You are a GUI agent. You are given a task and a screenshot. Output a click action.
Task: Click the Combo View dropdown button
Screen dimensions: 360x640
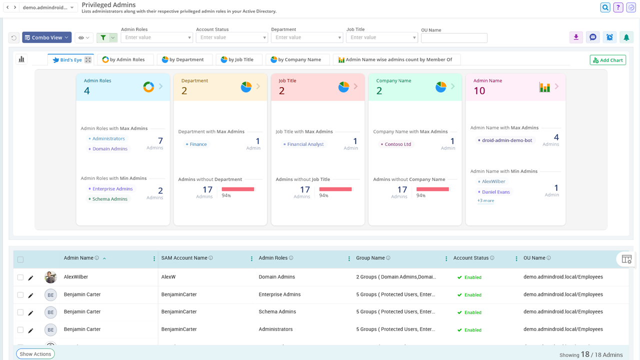coord(47,37)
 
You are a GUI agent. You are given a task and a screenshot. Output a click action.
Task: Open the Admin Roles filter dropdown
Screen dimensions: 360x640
coord(156,37)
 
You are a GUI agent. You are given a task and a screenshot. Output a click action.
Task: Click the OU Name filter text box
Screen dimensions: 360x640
coord(454,38)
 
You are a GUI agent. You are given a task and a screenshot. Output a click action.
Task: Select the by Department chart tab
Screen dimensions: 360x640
coord(184,59)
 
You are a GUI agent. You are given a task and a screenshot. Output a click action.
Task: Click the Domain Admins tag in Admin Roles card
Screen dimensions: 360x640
coord(109,149)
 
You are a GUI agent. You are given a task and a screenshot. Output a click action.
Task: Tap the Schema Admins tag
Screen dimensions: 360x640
coord(109,199)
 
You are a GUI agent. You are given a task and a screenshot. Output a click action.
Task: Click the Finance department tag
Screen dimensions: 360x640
coord(198,144)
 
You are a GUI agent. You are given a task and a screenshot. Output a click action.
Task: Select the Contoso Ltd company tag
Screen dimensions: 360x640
coord(397,144)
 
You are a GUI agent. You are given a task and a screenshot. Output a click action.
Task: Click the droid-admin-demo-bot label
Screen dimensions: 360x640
coord(506,140)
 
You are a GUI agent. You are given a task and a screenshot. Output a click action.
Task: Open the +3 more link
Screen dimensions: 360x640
coord(485,201)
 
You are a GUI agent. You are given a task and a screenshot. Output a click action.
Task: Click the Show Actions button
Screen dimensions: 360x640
coord(35,354)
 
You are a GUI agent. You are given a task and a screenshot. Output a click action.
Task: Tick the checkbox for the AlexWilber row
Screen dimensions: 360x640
coord(20,277)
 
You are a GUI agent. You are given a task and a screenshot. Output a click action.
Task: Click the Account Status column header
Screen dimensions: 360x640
coord(470,258)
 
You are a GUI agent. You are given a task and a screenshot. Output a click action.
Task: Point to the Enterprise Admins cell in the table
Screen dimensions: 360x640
coord(279,294)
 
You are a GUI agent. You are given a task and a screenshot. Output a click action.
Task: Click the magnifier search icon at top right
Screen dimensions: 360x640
coord(605,7)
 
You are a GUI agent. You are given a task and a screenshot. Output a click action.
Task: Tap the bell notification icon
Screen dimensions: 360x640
coord(625,37)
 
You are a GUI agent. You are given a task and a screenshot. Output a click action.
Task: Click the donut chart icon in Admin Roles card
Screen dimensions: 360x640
coord(148,87)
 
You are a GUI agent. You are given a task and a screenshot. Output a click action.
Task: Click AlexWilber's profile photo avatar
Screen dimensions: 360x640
coord(50,277)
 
